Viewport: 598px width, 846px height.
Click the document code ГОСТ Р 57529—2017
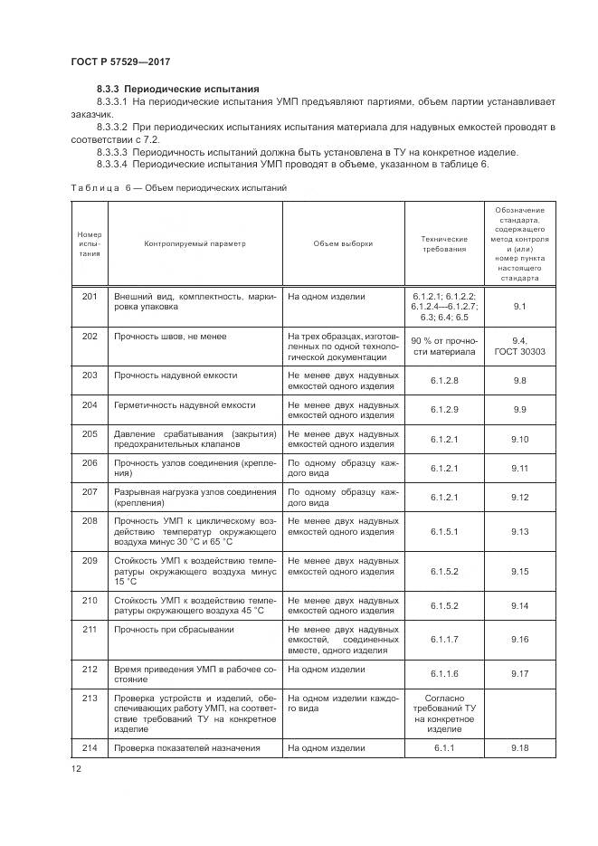(x=121, y=62)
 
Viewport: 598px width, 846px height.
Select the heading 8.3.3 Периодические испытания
(x=178, y=89)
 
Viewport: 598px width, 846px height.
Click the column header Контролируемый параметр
(x=194, y=243)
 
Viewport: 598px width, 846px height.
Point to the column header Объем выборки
(x=343, y=243)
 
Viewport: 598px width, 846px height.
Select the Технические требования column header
(x=444, y=243)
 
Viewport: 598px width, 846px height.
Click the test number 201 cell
(x=89, y=296)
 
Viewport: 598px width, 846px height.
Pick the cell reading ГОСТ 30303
(x=519, y=347)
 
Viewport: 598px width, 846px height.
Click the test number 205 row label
(x=89, y=433)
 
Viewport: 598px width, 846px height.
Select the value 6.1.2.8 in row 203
(x=444, y=380)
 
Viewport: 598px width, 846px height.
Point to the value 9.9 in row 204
(x=519, y=410)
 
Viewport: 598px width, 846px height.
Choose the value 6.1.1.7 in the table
(x=444, y=640)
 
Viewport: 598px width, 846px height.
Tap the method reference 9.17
(x=519, y=674)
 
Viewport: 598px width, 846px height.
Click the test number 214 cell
(x=89, y=747)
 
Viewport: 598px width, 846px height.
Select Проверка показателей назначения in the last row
(x=187, y=747)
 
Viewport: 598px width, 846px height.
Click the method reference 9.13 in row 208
(x=519, y=532)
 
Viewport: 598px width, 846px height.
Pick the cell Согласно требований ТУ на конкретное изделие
(x=444, y=711)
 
